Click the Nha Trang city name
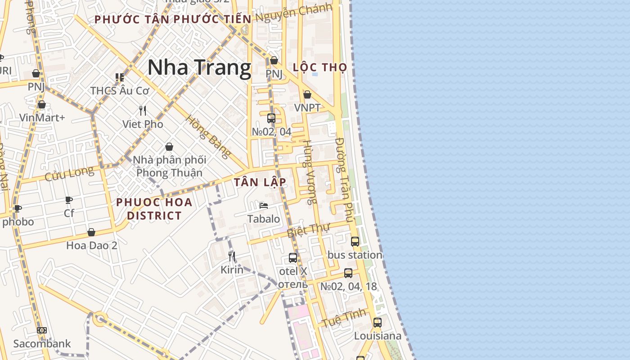coord(199,68)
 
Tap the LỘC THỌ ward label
coord(320,67)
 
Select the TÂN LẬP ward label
coord(260,182)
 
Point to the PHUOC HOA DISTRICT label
coord(154,209)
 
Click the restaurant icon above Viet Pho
coord(143,111)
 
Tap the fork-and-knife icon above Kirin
coord(232,256)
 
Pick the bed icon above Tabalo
coord(264,206)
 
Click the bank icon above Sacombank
coord(42,330)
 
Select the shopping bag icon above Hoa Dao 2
coord(91,232)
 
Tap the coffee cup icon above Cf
coord(69,200)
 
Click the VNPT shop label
coord(307,108)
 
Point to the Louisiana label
coord(378,336)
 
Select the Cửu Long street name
coord(69,173)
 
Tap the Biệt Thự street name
coord(308,230)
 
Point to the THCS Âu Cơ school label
coord(120,90)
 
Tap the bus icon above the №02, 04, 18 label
coord(348,273)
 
